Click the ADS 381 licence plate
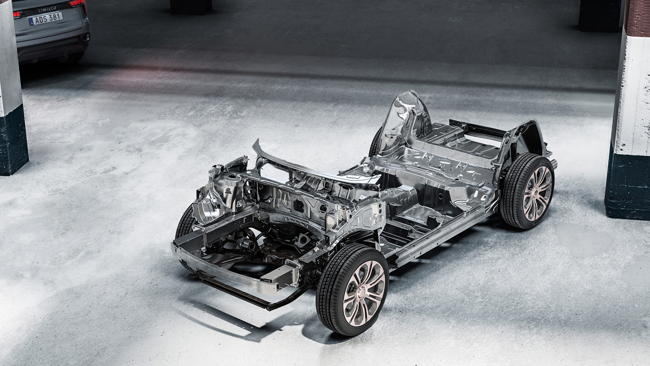tap(46, 19)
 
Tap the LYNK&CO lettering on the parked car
tap(47, 9)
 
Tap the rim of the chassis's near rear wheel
tap(537, 192)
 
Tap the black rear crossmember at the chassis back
tap(478, 128)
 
